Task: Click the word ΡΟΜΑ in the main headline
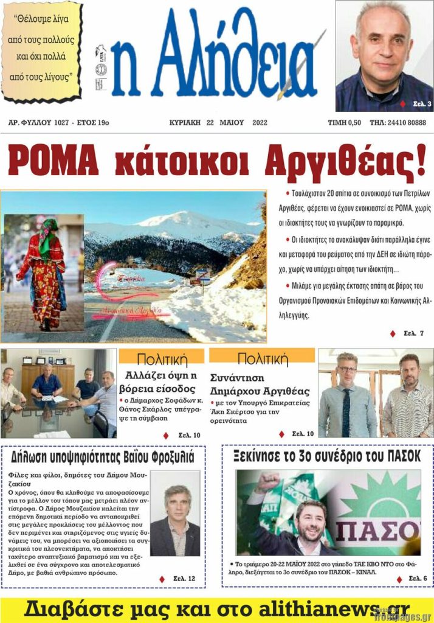point(53,161)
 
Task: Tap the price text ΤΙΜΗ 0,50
point(344,122)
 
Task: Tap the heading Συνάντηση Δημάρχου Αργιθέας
point(260,384)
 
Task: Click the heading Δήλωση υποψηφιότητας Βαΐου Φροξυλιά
point(103,457)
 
